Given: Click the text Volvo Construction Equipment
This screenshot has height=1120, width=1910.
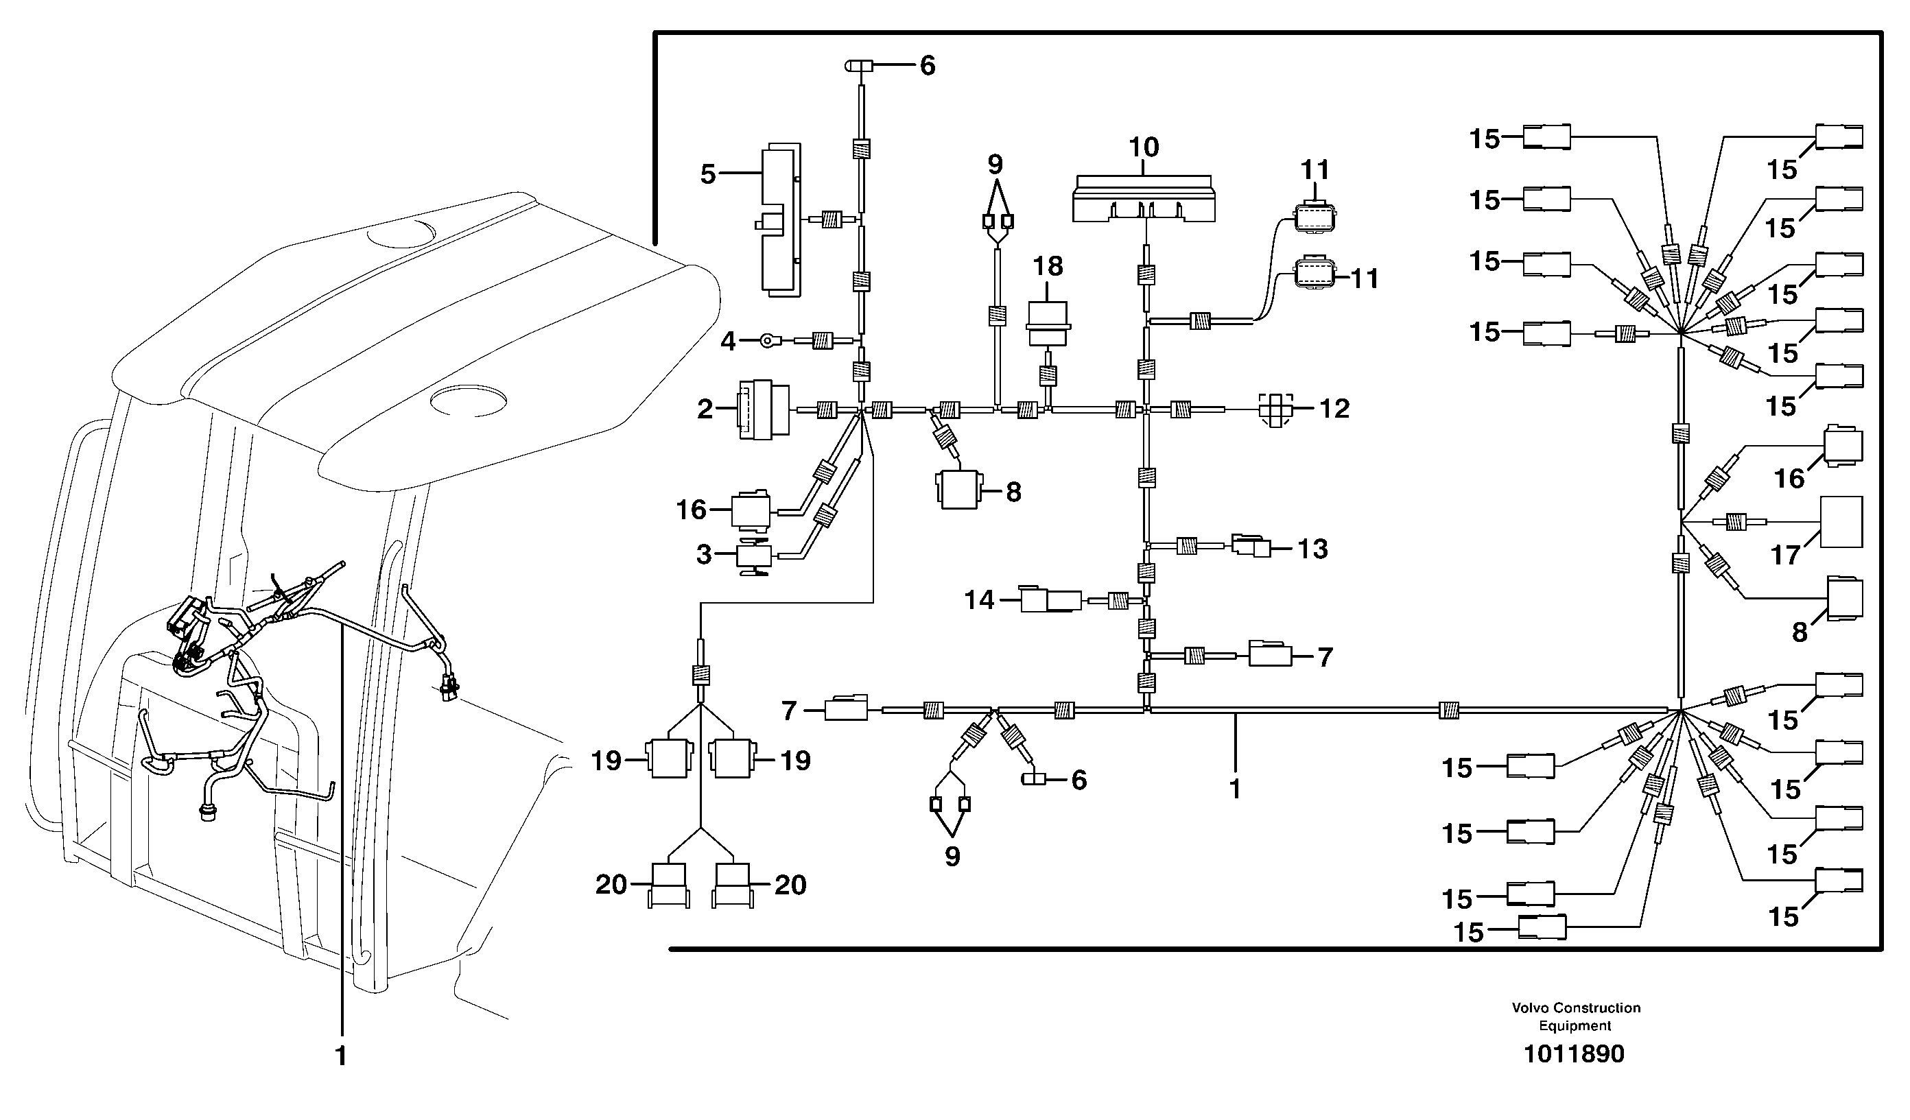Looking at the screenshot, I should [x=1575, y=1016].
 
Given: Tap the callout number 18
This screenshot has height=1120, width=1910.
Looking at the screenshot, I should [x=1048, y=267].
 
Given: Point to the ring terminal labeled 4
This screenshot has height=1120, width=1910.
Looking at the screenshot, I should [x=770, y=342].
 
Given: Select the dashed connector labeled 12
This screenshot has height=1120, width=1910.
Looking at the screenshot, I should [x=1275, y=410].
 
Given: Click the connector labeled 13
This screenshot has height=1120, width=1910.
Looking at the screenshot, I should [x=1251, y=547].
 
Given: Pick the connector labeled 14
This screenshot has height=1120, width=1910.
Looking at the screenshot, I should [x=1050, y=600].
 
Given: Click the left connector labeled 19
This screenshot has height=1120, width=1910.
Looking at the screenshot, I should [x=668, y=759].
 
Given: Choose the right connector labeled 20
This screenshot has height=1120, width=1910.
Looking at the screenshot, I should [x=733, y=885].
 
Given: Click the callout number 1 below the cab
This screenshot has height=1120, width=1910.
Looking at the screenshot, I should [x=341, y=1056].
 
